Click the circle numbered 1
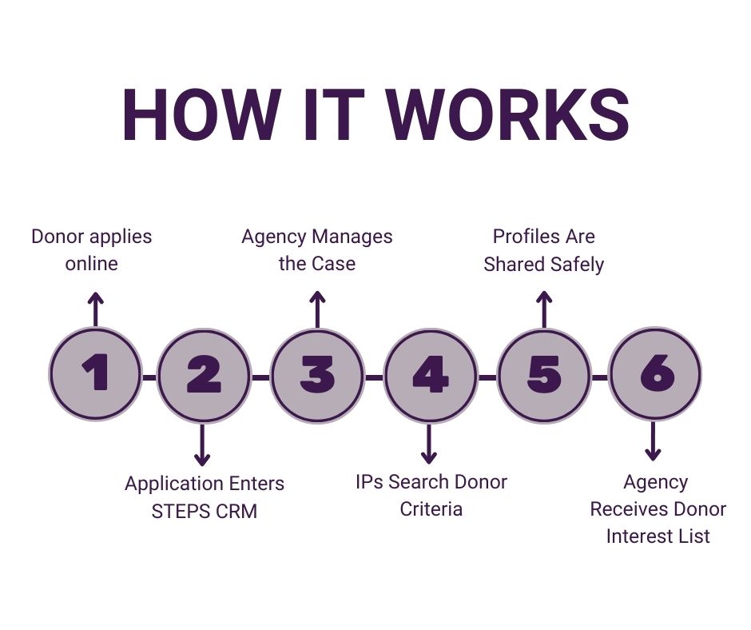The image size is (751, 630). pos(95,374)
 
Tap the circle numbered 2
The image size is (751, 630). pos(203,374)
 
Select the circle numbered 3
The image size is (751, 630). pos(317,374)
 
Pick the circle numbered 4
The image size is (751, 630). pos(430,374)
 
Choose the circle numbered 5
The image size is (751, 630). pos(544,374)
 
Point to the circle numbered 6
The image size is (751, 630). pos(654,374)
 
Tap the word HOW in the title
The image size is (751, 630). pos(201,115)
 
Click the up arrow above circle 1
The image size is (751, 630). pos(95,309)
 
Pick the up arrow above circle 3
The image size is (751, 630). pos(317,309)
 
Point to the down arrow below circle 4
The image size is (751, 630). pos(430,444)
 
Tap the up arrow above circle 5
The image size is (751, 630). pos(544,309)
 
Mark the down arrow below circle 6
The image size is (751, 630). pos(654,441)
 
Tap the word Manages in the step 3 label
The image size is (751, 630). pos(352,237)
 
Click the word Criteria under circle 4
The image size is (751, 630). pos(431,508)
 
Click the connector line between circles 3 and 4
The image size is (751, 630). pos(374,376)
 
